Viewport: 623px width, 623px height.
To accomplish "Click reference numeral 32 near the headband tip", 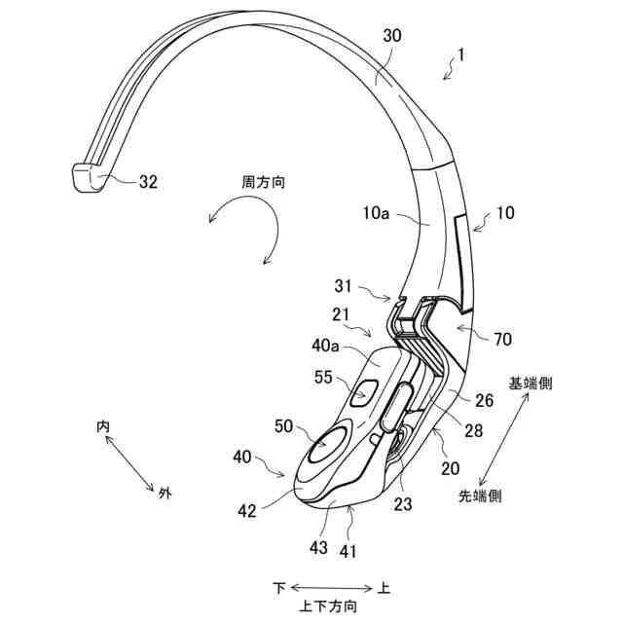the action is (x=149, y=180).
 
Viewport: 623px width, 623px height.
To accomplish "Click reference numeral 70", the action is (x=502, y=340).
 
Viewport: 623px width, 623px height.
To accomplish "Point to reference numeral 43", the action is (x=317, y=547).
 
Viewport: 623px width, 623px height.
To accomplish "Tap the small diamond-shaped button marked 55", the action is (x=365, y=393).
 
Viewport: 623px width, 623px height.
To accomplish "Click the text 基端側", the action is (x=531, y=383).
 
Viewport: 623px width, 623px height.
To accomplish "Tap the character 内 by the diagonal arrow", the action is (x=103, y=426).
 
